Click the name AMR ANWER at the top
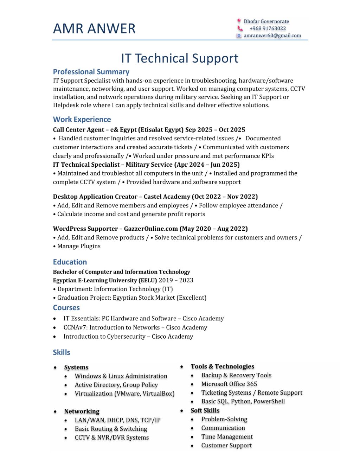[94, 28]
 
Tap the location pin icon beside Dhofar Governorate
[239, 21]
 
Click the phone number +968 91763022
[268, 28]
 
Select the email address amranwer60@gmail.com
[272, 36]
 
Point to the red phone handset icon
[240, 28]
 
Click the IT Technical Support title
[180, 58]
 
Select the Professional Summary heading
[91, 72]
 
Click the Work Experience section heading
[82, 119]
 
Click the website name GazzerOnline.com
[151, 229]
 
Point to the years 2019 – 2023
[176, 280]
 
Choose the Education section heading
[70, 262]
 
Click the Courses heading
[66, 308]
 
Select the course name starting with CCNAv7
[135, 327]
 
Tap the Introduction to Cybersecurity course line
[128, 337]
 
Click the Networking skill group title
[82, 411]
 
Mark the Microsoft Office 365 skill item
[229, 384]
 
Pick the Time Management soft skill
[227, 437]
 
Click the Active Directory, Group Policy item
[116, 385]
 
